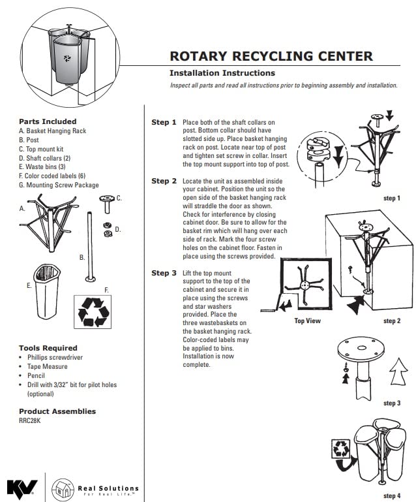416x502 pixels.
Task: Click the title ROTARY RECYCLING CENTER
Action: [271, 56]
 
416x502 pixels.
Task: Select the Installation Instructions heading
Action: [222, 73]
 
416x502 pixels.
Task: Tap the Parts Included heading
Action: [48, 121]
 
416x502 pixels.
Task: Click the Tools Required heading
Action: [48, 348]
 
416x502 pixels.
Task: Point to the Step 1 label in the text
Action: [164, 122]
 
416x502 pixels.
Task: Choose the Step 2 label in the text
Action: [164, 181]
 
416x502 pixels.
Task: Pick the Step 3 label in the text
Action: [164, 273]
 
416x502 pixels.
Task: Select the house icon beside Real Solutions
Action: [63, 488]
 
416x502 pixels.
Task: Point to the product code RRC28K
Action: [30, 421]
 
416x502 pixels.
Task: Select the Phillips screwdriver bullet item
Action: [55, 358]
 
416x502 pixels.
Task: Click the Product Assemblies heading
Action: [57, 411]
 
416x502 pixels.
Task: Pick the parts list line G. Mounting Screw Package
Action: [59, 185]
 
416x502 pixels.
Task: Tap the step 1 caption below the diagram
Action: [392, 197]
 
